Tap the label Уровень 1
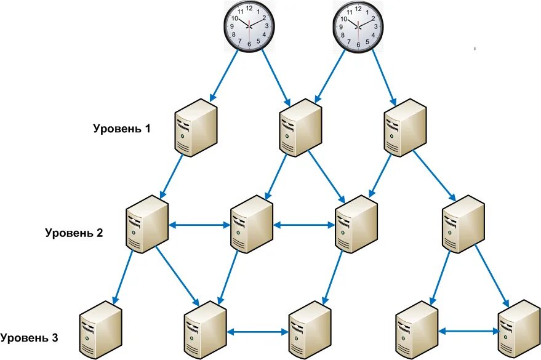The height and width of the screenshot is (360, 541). point(121,129)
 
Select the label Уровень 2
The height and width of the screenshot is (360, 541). point(74,233)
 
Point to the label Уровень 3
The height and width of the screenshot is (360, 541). point(30,338)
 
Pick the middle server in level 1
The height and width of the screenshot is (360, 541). point(301,126)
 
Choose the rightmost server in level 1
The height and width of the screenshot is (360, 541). point(405,126)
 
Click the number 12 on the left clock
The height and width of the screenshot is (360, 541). point(249,8)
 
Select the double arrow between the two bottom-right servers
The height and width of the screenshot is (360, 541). point(468,330)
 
